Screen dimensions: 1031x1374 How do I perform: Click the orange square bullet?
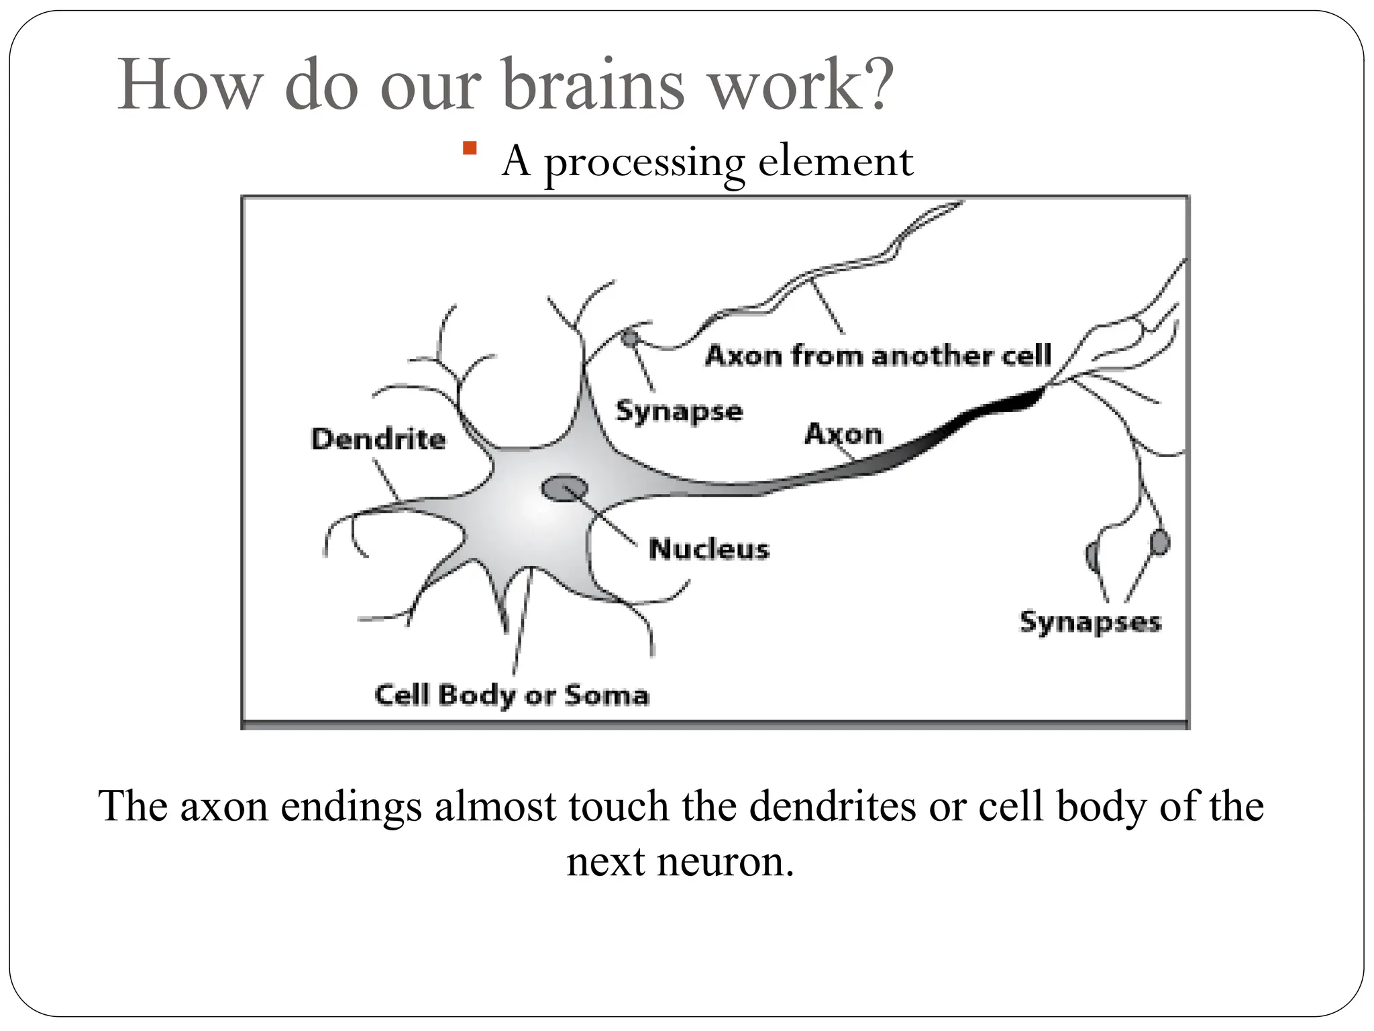(x=470, y=148)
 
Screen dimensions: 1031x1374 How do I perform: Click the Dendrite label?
(x=378, y=439)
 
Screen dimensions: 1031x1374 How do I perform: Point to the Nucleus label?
(x=708, y=549)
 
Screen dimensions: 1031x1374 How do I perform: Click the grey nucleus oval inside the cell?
(x=564, y=489)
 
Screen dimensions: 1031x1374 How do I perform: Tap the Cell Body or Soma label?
(x=512, y=695)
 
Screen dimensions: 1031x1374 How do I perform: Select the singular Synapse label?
(x=679, y=411)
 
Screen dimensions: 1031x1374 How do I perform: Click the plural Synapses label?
(x=1090, y=622)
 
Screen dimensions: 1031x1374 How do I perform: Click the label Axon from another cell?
(x=878, y=355)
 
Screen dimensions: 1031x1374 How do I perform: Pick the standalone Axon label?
(x=843, y=434)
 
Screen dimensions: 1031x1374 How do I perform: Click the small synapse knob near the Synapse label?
(x=629, y=338)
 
